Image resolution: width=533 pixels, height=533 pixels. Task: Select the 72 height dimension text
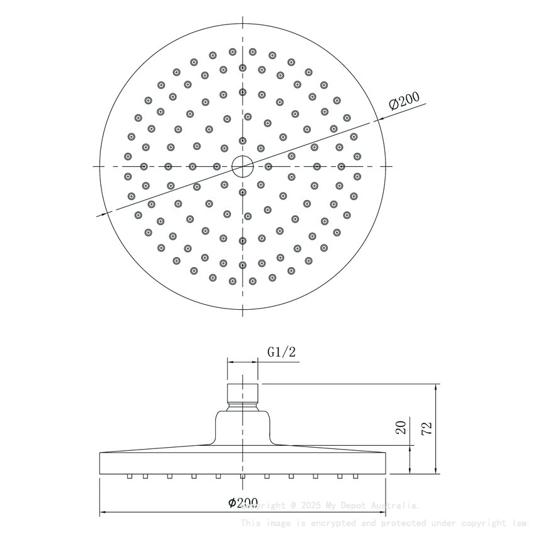tap(428, 429)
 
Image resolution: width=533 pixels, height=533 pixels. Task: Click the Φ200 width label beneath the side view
tap(243, 502)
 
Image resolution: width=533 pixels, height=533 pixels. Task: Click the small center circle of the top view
tap(242, 166)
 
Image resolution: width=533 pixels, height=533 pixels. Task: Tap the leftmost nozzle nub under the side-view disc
tap(129, 477)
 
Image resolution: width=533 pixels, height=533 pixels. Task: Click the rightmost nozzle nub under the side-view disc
tap(355, 477)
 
